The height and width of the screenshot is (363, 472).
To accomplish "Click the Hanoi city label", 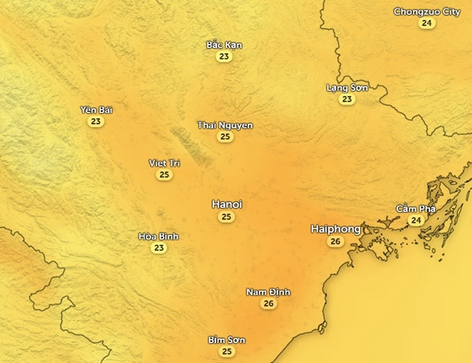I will click(227, 204).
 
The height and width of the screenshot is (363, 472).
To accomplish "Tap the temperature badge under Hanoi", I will click(227, 217).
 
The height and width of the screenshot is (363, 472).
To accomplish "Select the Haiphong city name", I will click(336, 229).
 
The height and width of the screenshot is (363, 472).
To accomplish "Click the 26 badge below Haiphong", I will click(336, 241).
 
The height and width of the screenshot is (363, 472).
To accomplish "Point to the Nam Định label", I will click(268, 292).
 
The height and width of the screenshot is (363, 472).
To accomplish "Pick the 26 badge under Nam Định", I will click(268, 304).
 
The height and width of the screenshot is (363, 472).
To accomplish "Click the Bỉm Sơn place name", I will click(227, 340).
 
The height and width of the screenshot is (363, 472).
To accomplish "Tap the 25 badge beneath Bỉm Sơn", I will click(227, 351).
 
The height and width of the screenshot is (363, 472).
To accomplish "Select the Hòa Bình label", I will click(159, 236).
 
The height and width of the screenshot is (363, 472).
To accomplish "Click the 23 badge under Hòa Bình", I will click(159, 248).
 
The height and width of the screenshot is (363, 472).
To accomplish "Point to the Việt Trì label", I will click(164, 163).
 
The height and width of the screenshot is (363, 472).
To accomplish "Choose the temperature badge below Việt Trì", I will click(164, 175).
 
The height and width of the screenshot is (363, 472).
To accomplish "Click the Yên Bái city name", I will click(96, 110).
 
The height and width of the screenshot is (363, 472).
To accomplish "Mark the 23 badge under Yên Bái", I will click(96, 122).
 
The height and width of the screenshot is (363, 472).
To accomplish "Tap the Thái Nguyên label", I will click(225, 126).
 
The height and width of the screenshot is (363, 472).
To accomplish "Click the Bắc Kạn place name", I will click(224, 45).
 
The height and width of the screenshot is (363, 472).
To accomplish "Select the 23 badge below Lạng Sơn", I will click(347, 100).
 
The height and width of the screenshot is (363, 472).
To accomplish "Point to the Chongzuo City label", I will click(426, 12).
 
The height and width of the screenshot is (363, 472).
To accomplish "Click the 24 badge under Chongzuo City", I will click(426, 24).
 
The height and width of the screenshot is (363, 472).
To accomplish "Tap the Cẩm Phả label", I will click(415, 209).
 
